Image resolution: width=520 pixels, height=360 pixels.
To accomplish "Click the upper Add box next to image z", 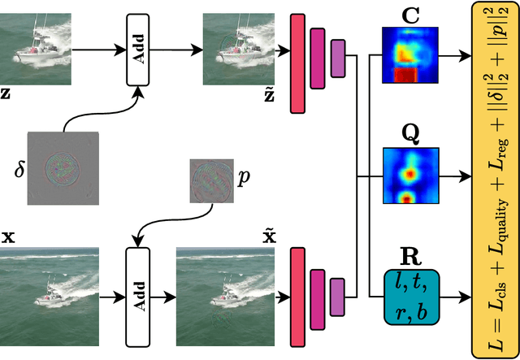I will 138,50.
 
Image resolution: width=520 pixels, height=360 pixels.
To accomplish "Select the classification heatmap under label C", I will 411,55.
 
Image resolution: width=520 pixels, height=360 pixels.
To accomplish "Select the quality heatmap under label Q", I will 411,176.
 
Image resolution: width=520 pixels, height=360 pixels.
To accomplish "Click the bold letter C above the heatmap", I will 411,13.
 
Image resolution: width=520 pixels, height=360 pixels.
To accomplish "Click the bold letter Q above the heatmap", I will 411,133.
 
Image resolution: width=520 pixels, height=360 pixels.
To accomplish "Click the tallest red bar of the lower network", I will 297,290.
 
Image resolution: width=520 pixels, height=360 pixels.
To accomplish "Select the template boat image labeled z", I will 41,50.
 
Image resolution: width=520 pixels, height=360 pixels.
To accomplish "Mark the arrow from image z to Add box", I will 97,50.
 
